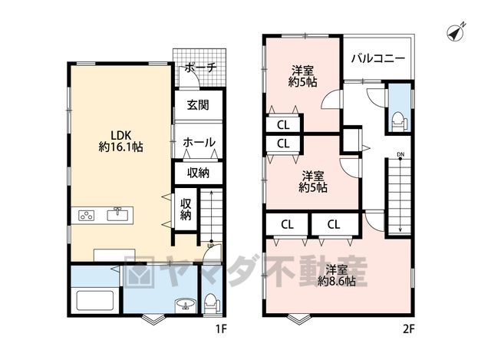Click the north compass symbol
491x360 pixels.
click(456, 32)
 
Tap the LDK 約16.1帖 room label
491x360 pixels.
click(121, 141)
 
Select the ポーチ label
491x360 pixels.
click(200, 68)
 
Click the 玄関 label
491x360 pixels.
click(198, 104)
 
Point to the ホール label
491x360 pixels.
click(199, 143)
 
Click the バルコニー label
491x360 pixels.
click(378, 58)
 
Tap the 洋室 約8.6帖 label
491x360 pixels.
click(337, 276)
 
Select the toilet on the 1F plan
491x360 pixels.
click(212, 303)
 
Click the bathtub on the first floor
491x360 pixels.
click(95, 301)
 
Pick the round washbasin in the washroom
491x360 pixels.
click(186, 304)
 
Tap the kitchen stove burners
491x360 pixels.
click(87, 216)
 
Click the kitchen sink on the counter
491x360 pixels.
click(117, 215)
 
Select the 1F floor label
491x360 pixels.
click(220, 329)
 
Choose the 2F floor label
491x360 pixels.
click(408, 329)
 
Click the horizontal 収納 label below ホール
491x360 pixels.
click(198, 173)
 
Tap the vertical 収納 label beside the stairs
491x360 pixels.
click(186, 210)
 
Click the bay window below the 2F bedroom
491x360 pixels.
click(298, 319)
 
